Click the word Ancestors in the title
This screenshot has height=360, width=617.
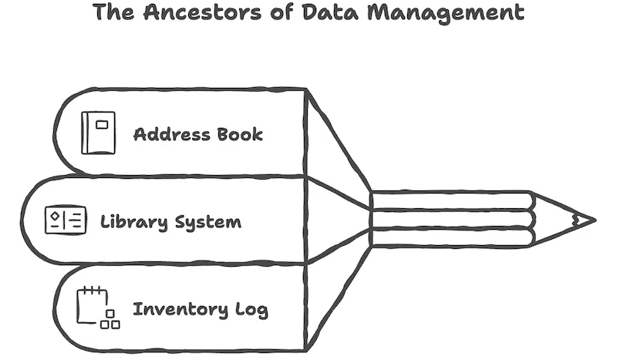point(185,13)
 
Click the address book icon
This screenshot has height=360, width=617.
point(98,133)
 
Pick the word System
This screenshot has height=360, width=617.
point(204,222)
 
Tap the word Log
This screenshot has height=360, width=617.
point(251,311)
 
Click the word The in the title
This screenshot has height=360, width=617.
point(110,13)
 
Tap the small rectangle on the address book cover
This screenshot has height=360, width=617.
point(102,123)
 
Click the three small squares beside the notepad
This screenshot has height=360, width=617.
point(110,320)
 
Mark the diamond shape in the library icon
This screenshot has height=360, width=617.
point(56,217)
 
